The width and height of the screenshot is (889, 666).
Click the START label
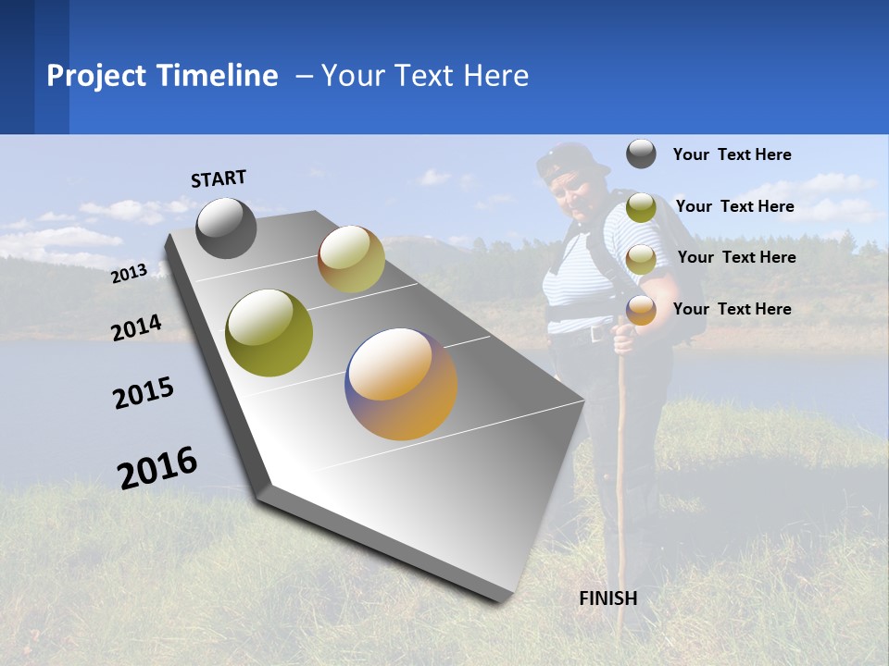tap(219, 179)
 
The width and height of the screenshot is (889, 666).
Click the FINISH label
tap(607, 598)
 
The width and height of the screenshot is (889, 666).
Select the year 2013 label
tap(129, 274)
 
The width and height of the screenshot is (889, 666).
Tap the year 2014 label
tap(136, 327)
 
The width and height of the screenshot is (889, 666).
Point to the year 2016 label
tap(157, 468)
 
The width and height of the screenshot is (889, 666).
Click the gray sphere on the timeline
tap(226, 228)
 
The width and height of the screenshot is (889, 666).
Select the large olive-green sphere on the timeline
tap(269, 333)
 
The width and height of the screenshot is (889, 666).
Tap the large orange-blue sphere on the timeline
tap(401, 384)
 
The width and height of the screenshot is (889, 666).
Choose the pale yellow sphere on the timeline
tap(351, 259)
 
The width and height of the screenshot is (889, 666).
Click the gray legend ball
tap(641, 154)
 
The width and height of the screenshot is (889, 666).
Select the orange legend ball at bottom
tap(641, 310)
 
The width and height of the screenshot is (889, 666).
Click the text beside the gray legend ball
tap(732, 154)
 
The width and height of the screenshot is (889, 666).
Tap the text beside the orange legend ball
tap(732, 309)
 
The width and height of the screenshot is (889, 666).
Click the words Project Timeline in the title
tap(162, 76)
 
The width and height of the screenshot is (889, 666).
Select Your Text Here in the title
tap(425, 76)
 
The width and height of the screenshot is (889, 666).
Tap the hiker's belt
tap(583, 334)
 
